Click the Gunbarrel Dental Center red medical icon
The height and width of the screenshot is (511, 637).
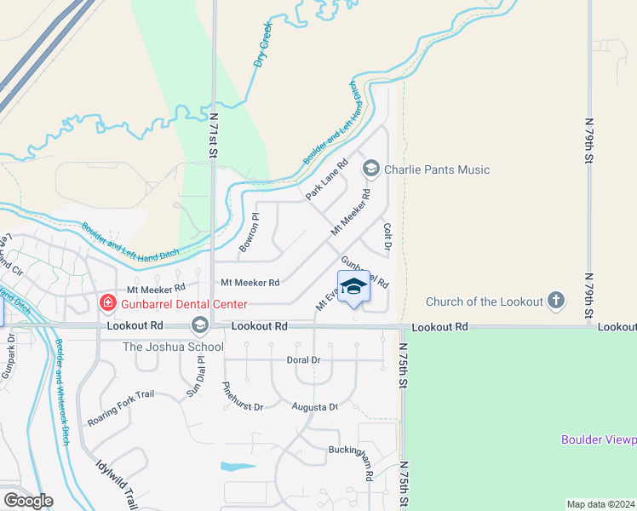pos(107,302)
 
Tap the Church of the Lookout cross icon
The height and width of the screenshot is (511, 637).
pos(556,300)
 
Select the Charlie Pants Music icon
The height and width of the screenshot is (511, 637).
pos(370,169)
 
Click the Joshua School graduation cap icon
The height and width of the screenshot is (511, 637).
pos(199,324)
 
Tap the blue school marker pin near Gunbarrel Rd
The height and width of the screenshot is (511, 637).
pos(354,287)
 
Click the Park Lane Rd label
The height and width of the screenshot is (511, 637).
pos(328,180)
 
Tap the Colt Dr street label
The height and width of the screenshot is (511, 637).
pos(387,236)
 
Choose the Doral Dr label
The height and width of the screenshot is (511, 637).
pos(303,360)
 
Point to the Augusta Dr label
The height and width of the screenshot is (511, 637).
pos(315,407)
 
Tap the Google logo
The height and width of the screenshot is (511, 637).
pos(28,501)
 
